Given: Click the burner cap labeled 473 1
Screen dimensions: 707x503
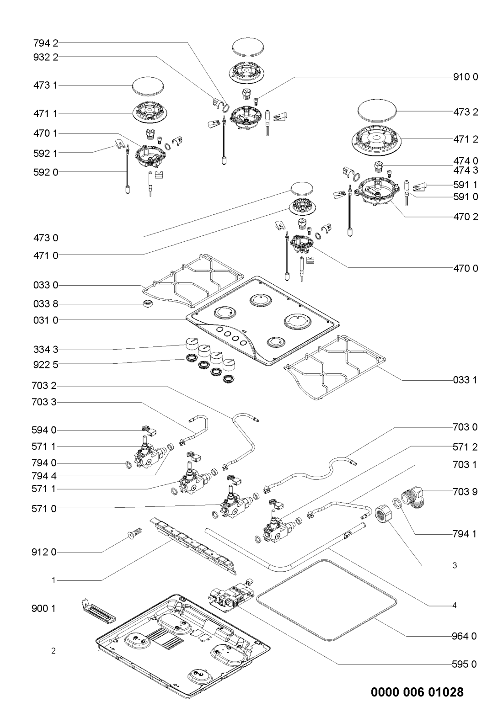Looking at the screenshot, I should pyautogui.click(x=148, y=85).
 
